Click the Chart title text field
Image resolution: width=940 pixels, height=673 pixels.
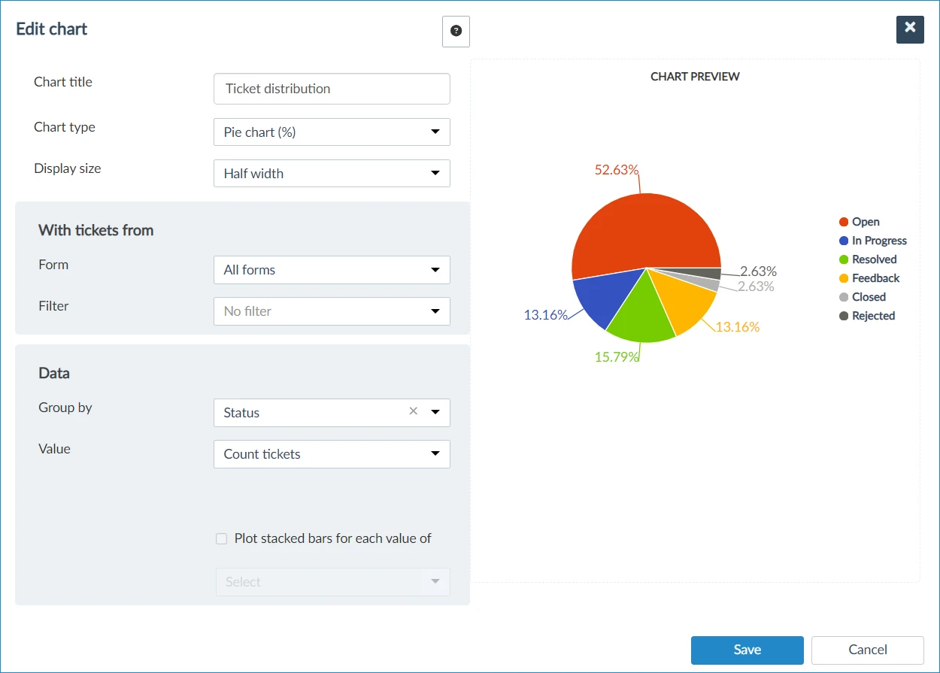[x=332, y=89]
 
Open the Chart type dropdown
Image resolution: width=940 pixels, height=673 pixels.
[x=332, y=132]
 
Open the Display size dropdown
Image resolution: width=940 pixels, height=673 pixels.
[x=332, y=173]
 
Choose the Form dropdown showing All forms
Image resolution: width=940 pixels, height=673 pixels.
[x=332, y=270]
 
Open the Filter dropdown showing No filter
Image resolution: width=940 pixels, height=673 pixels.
[x=332, y=311]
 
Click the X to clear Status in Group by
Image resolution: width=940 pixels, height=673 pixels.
[x=414, y=411]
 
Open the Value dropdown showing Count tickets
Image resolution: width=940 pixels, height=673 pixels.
[x=332, y=454]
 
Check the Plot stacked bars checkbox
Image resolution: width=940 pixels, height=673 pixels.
[x=221, y=538]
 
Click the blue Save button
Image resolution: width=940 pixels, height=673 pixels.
[x=747, y=650]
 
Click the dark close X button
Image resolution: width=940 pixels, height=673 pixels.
[x=910, y=29]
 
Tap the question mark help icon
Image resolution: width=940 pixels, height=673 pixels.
[x=456, y=32]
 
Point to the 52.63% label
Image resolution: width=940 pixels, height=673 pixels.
[x=616, y=169]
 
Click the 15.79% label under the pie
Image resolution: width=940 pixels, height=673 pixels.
[x=616, y=356]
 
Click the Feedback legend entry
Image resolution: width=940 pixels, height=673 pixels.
[x=869, y=278]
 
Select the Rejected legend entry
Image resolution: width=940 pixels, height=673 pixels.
[x=867, y=316]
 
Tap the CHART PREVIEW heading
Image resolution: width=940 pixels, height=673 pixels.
[x=695, y=77]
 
